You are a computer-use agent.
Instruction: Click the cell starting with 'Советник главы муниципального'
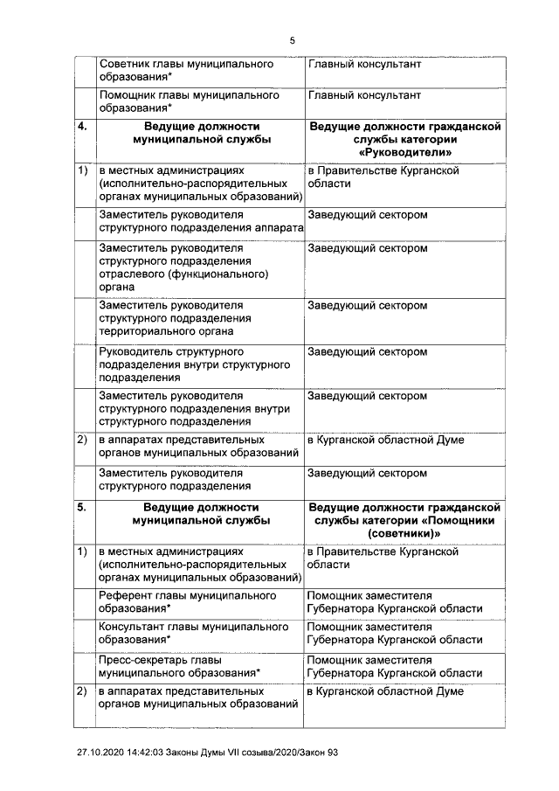[186, 71]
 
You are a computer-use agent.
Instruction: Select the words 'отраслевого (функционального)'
[183, 274]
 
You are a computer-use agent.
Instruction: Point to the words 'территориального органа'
[165, 331]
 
